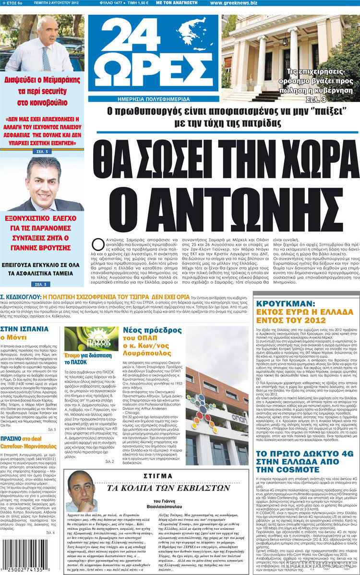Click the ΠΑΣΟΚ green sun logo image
pyautogui.click(x=84, y=338)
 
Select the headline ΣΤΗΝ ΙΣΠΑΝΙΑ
pyautogui.click(x=24, y=329)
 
